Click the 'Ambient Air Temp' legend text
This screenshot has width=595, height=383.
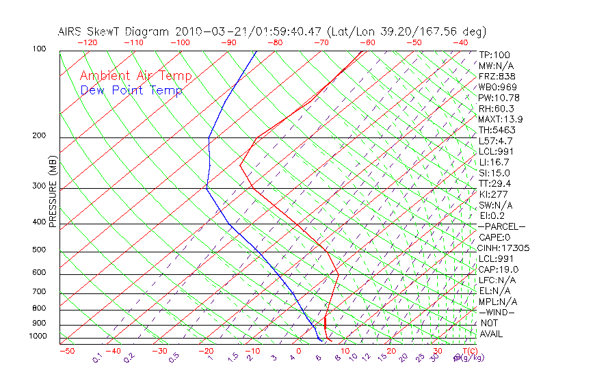tap(135, 76)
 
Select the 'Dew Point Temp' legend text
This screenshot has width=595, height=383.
tap(131, 90)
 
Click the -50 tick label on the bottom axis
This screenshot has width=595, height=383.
tap(66, 351)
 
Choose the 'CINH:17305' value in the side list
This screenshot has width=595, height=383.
tap(504, 248)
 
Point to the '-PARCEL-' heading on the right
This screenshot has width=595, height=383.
tap(501, 226)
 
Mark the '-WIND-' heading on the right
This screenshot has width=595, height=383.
tap(497, 312)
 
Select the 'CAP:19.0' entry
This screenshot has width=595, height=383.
tap(499, 269)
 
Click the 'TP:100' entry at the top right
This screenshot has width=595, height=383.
tap(494, 55)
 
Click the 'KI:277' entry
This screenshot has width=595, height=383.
tap(492, 194)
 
